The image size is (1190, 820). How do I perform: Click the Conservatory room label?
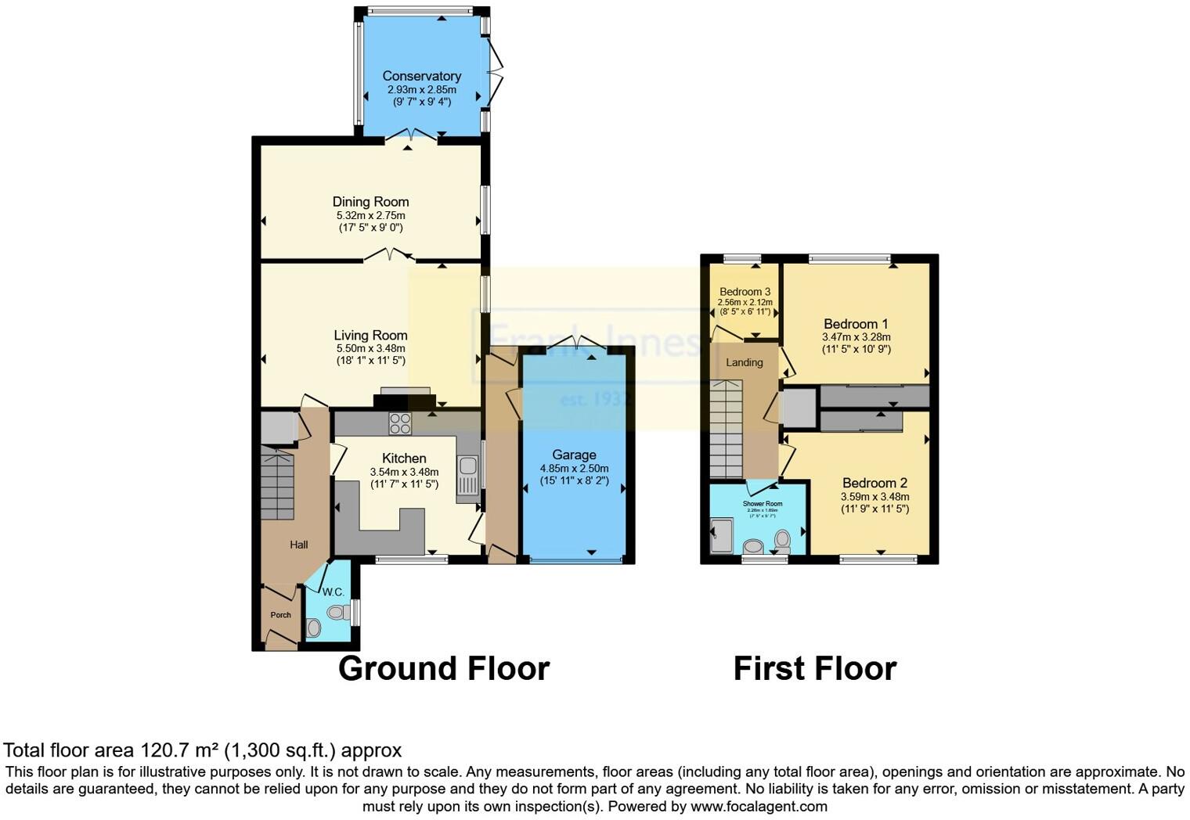(x=421, y=76)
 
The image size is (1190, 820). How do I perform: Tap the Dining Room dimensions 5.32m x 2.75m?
(x=370, y=215)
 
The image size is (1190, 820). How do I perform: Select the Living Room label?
(x=370, y=336)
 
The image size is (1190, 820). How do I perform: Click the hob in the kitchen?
(x=400, y=423)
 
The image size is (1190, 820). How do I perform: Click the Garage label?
(x=574, y=455)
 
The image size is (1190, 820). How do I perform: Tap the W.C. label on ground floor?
(x=333, y=592)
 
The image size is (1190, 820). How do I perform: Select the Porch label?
(x=280, y=615)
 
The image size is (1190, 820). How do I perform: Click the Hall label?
(x=298, y=545)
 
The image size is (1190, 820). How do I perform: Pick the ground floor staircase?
(x=276, y=485)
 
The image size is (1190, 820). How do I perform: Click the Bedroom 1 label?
(x=856, y=324)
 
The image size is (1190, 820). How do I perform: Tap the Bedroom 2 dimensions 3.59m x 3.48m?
(x=874, y=497)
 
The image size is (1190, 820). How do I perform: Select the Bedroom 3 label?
(x=745, y=292)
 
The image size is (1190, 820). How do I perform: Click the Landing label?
(x=744, y=362)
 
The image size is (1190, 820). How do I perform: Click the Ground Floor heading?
(x=443, y=669)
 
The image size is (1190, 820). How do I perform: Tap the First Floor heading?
(x=814, y=669)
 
